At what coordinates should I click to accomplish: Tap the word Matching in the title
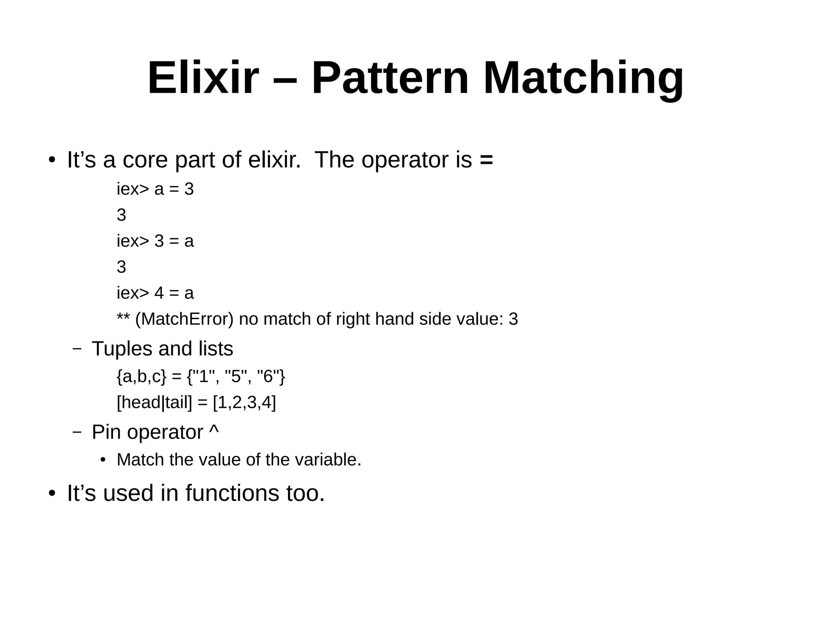[583, 78]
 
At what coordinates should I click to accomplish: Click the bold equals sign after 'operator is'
[486, 160]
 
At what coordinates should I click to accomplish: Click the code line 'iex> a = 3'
[155, 189]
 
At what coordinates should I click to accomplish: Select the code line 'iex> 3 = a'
[155, 241]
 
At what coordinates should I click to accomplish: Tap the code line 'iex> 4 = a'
[155, 294]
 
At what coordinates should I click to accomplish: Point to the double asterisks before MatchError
[123, 317]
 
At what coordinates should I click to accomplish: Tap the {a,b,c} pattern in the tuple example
[141, 377]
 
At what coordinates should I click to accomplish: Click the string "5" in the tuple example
[236, 377]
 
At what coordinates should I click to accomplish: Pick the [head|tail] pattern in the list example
[154, 403]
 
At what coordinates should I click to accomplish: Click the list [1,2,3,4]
[244, 403]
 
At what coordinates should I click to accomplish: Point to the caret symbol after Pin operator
[214, 430]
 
